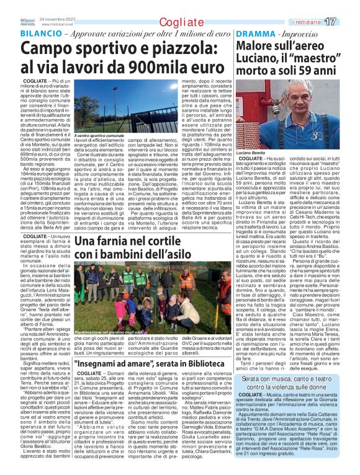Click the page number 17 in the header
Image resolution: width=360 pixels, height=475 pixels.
(x=347, y=22)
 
